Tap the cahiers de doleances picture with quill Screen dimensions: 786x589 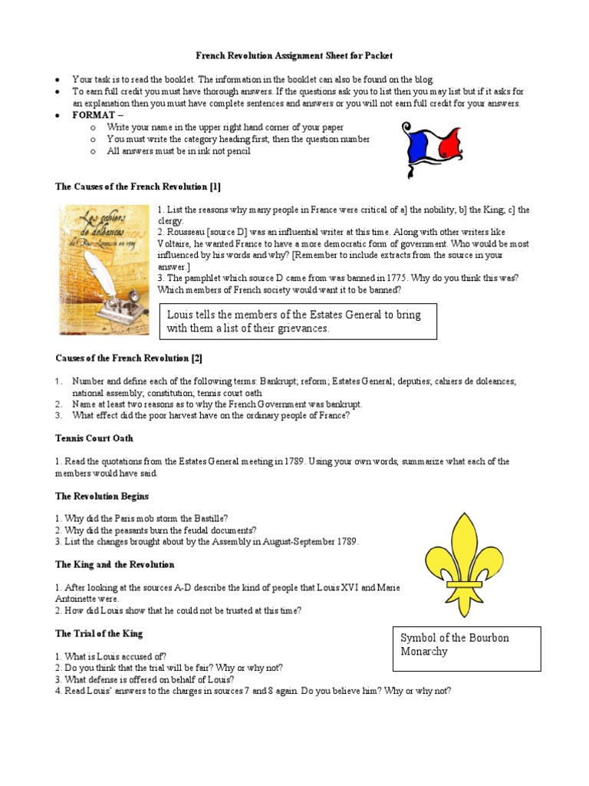(x=104, y=269)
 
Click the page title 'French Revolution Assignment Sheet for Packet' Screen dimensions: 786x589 (x=294, y=56)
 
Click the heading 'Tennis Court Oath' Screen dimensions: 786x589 (x=94, y=438)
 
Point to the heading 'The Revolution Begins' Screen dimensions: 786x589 (x=101, y=497)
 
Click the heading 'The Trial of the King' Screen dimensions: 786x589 (x=98, y=633)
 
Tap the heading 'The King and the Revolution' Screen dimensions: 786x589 (x=114, y=564)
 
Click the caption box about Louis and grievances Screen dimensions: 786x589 (x=301, y=322)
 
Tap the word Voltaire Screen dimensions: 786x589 (x=176, y=243)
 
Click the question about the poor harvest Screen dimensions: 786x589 (x=211, y=415)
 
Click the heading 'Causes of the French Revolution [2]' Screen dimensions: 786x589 (x=128, y=358)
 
